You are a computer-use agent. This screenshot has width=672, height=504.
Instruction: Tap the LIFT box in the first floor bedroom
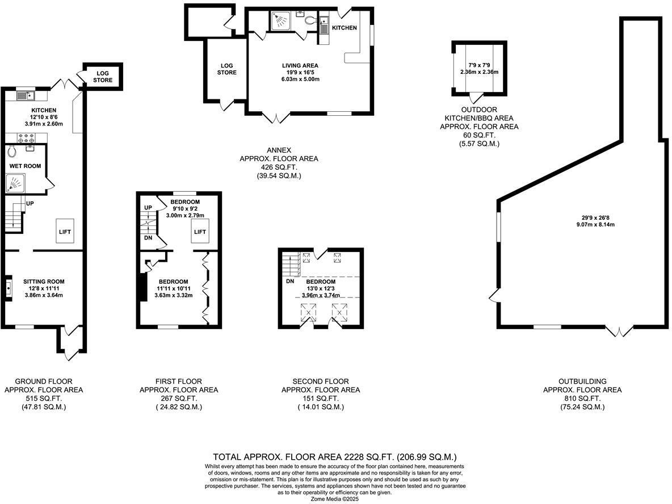pos(199,232)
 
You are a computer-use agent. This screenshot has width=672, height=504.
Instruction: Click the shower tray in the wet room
pos(16,183)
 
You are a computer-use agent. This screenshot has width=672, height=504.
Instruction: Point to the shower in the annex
pos(280,20)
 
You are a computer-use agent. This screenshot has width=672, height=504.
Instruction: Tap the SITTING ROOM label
pos(44,282)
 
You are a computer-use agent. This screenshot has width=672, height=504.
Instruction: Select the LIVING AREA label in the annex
pos(300,65)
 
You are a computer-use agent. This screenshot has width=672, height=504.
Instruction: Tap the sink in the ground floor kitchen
pos(26,95)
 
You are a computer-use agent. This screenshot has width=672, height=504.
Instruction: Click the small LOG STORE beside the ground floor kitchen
pos(103,77)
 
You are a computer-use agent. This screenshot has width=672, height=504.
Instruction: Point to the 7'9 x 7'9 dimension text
pos(478,65)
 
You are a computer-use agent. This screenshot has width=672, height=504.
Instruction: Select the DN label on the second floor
pos(290,282)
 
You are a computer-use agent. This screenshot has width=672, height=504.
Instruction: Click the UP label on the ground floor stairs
pos(30,203)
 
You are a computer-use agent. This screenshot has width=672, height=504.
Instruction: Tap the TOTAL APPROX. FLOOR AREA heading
pos(335,456)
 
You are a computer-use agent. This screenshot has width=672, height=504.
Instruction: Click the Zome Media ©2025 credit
pos(335,499)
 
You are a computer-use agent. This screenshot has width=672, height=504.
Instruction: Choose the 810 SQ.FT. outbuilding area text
pos(582,398)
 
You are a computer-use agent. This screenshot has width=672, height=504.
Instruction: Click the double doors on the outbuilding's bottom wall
pos(620,330)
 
